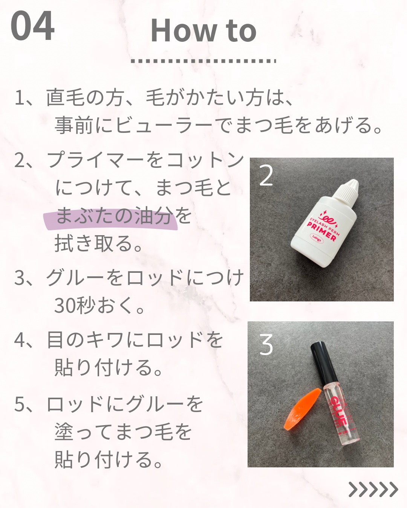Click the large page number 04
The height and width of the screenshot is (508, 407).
pyautogui.click(x=32, y=26)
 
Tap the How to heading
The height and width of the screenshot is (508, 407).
pyautogui.click(x=203, y=30)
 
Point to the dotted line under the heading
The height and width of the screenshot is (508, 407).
pyautogui.click(x=203, y=61)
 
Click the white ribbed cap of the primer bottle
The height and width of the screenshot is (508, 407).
pyautogui.click(x=347, y=192)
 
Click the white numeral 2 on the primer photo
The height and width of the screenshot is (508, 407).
pyautogui.click(x=266, y=176)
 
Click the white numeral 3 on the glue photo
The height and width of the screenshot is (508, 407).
pyautogui.click(x=266, y=345)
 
